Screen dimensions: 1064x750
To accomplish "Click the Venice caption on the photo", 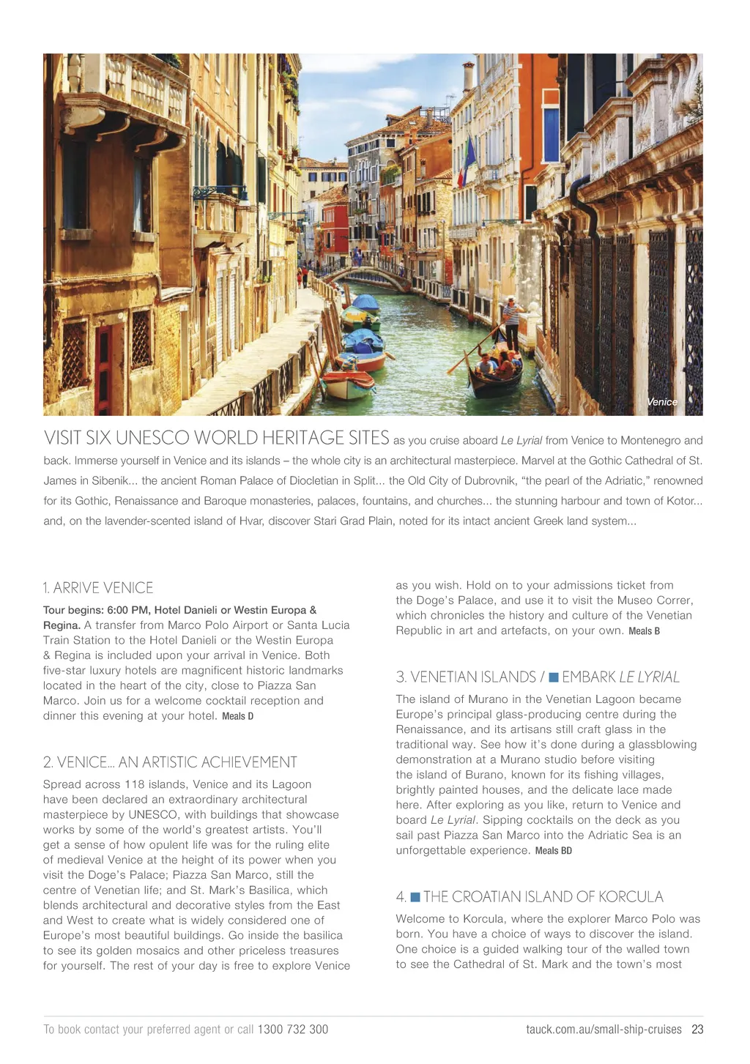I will tap(661, 402).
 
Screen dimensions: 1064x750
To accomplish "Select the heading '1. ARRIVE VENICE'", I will tap(98, 588).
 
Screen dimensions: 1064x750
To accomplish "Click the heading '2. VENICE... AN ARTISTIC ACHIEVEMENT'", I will tap(170, 762).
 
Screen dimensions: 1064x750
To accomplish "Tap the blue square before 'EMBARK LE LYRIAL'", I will tap(554, 677).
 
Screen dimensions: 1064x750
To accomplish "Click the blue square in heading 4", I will tap(415, 897).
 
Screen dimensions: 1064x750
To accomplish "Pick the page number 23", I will tap(697, 1030).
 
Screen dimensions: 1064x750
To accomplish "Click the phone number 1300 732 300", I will tap(293, 1030).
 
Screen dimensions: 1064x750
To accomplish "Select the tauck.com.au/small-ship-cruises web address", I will tap(604, 1030).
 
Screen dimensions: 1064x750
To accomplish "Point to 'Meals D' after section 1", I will tap(238, 716).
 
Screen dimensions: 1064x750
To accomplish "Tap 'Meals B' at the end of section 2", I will tap(645, 631).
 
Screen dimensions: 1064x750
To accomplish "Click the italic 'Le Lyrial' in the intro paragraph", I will tap(521, 441).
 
